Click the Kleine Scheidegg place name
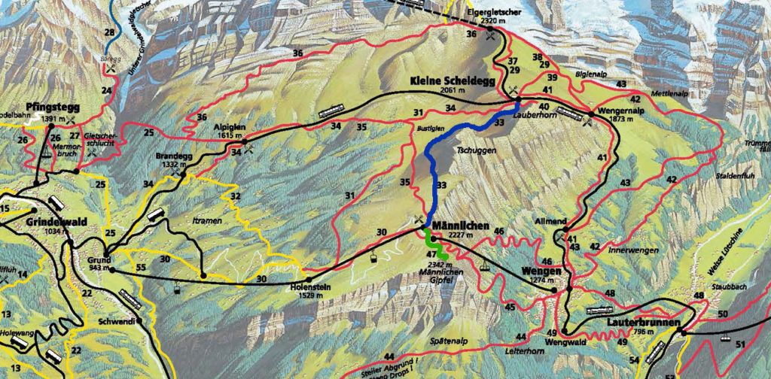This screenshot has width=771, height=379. click(452, 80)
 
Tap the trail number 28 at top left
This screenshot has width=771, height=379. click(110, 32)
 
